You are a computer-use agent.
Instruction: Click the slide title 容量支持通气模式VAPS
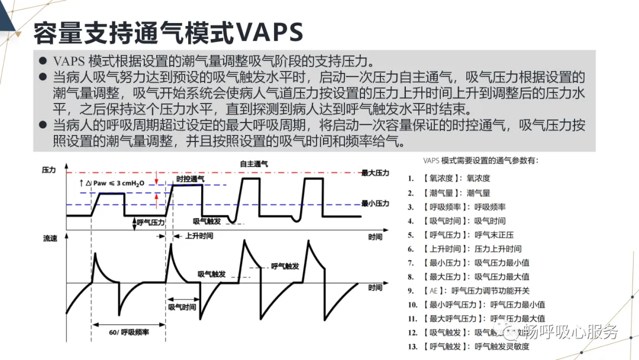click(168, 33)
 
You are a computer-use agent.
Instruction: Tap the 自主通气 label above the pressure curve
click(254, 163)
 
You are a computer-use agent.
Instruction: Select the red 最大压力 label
click(376, 173)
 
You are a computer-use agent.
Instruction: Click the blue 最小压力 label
click(376, 204)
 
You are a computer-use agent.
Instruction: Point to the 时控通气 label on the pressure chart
click(191, 179)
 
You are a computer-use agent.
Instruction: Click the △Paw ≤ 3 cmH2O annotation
click(112, 183)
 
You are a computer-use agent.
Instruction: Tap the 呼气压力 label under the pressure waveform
click(150, 222)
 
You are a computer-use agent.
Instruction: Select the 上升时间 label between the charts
click(199, 236)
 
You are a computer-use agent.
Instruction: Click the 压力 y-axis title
click(49, 170)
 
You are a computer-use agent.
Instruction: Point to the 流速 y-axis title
click(50, 239)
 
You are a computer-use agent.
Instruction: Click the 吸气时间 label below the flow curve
click(182, 307)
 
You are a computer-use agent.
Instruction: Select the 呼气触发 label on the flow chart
click(285, 266)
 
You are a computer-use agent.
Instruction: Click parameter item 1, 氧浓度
click(456, 178)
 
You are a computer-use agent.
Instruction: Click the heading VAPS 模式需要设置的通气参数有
click(481, 160)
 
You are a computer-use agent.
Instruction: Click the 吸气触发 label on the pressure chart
click(208, 221)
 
